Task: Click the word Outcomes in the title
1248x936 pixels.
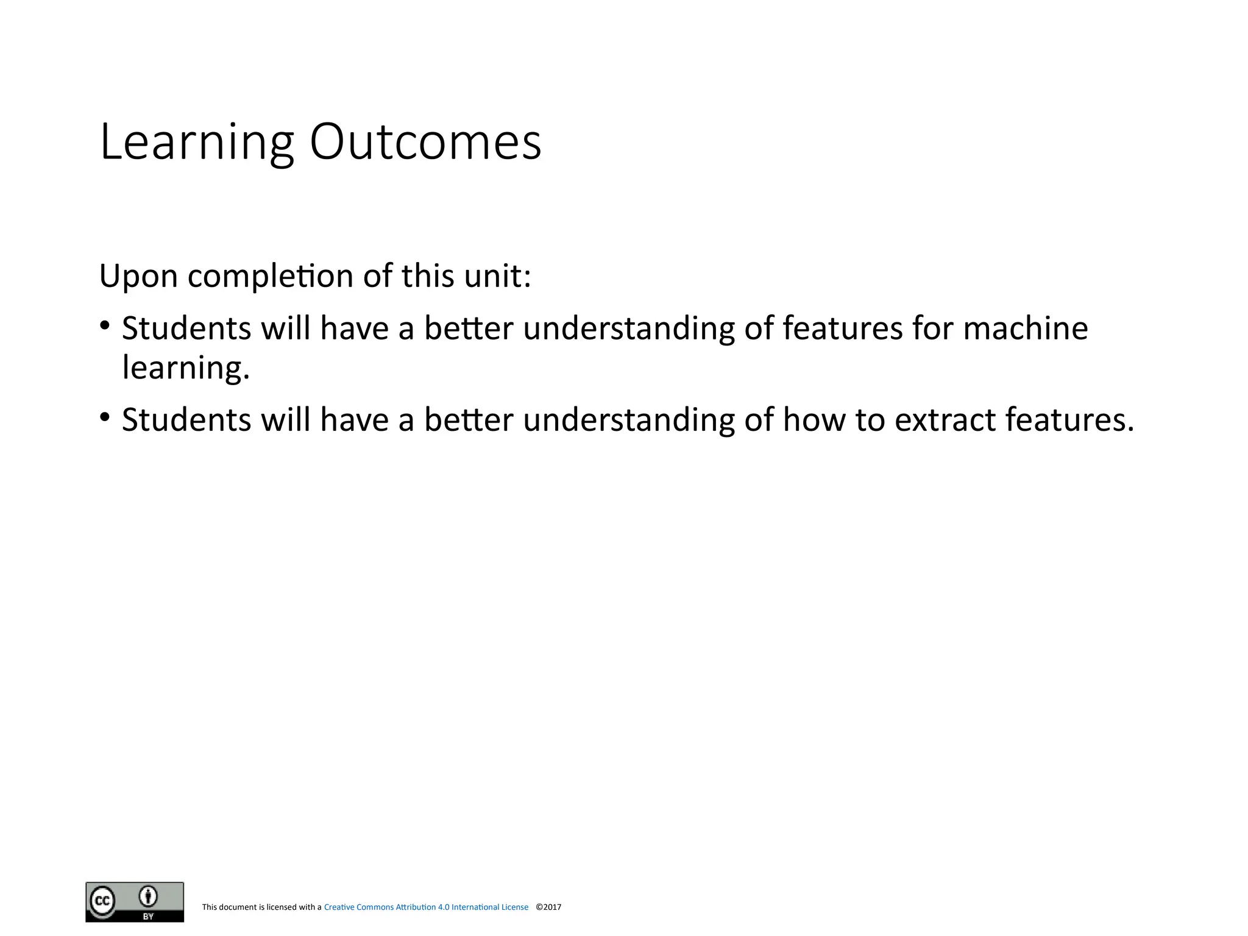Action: coord(425,143)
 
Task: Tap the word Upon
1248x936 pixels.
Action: coord(138,276)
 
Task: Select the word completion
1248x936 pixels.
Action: coord(271,276)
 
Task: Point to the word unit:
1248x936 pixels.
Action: coord(498,276)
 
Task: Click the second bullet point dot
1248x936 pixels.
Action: coord(105,417)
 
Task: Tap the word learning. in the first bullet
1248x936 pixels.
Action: coord(186,367)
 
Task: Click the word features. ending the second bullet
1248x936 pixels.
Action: coord(1069,420)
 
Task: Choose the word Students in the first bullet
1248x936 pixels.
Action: coord(186,328)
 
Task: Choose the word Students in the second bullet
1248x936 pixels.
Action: coord(186,420)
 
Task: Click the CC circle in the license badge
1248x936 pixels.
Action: coord(102,901)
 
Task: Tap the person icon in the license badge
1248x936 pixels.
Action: coord(148,896)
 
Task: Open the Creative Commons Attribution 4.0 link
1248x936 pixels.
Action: coord(426,907)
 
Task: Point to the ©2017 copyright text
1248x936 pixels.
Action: coord(548,907)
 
